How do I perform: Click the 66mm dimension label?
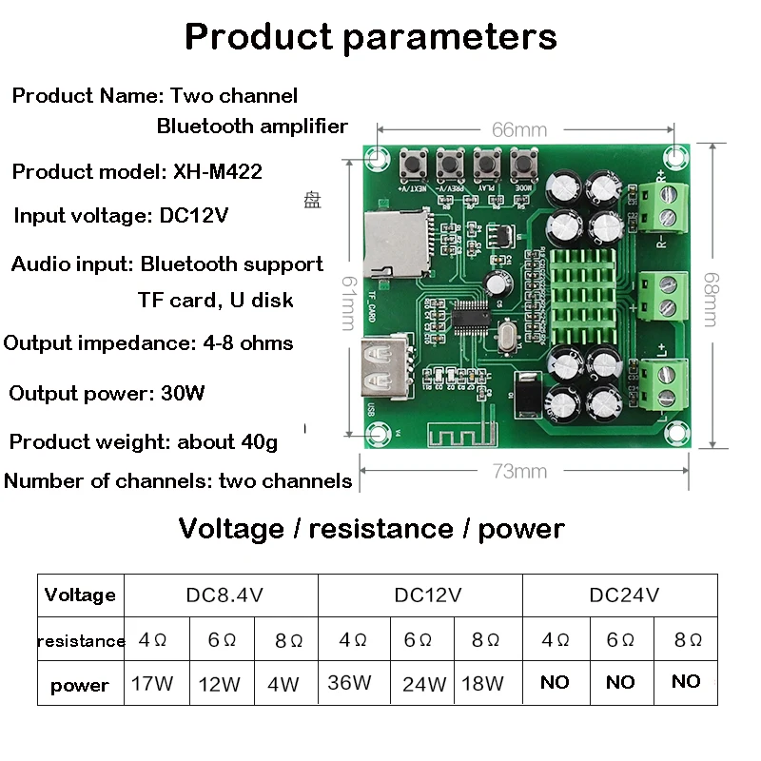click(x=519, y=129)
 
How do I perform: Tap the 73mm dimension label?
click(x=520, y=471)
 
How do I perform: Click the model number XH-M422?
click(x=217, y=171)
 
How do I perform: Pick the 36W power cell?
click(x=349, y=682)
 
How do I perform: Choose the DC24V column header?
click(x=623, y=595)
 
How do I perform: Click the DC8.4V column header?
click(x=224, y=595)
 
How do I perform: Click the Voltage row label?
click(x=80, y=595)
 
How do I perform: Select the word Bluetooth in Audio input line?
click(x=185, y=263)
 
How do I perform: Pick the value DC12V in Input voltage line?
click(x=194, y=215)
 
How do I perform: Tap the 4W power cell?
click(x=283, y=683)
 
